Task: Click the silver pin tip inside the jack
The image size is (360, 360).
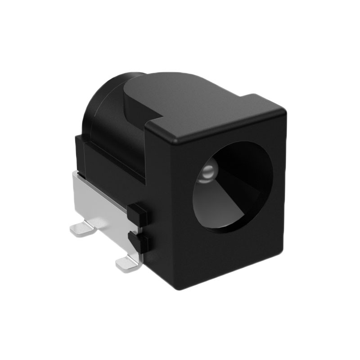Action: (207, 171)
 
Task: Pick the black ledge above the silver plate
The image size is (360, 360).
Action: (108, 157)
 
